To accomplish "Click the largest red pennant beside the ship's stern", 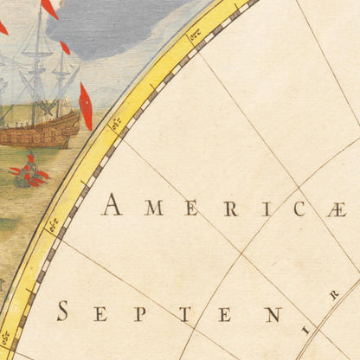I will coord(85,106).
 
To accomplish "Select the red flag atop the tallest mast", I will coord(49,8).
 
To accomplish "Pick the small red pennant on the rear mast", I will coord(65,48).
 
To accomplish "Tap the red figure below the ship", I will coord(29,171).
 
